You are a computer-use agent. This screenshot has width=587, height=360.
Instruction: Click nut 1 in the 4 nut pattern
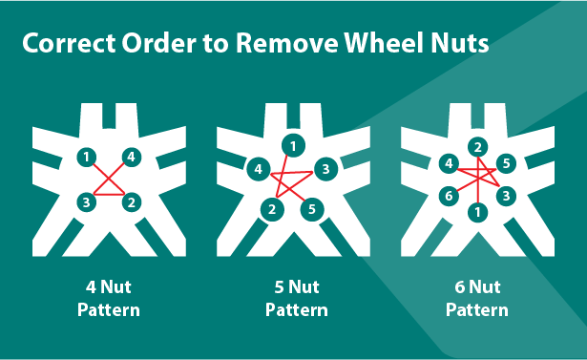(x=87, y=157)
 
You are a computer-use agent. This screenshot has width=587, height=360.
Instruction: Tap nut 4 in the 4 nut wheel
(x=131, y=157)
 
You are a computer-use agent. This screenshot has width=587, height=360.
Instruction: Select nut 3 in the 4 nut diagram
(x=87, y=202)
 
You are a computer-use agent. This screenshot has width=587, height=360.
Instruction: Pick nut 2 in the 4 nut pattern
(x=132, y=202)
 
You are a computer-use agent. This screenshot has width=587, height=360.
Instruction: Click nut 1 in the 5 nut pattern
(x=293, y=145)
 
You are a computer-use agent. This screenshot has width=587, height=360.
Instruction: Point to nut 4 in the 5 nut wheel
(x=259, y=169)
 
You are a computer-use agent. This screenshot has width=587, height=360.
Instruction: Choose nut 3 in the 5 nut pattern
(x=325, y=169)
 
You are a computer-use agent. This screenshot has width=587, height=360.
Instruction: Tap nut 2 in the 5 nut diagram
(x=272, y=209)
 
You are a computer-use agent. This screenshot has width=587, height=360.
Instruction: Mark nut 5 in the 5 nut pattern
(x=312, y=209)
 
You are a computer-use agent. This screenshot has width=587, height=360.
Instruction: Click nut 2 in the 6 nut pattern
(x=477, y=147)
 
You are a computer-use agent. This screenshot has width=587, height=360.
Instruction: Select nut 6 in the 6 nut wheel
(x=449, y=196)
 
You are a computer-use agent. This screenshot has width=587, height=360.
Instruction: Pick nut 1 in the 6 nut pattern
(x=477, y=212)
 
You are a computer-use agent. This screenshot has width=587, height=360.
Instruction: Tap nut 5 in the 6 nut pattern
(x=506, y=163)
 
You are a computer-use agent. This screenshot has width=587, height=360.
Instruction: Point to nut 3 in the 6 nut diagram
(x=506, y=196)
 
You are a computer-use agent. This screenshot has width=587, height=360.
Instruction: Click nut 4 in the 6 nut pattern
(x=449, y=163)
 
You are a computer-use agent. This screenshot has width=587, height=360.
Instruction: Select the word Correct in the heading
(x=69, y=43)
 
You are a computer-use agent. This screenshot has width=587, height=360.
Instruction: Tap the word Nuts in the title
(x=460, y=43)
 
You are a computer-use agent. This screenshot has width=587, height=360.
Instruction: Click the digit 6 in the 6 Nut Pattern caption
(x=460, y=287)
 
